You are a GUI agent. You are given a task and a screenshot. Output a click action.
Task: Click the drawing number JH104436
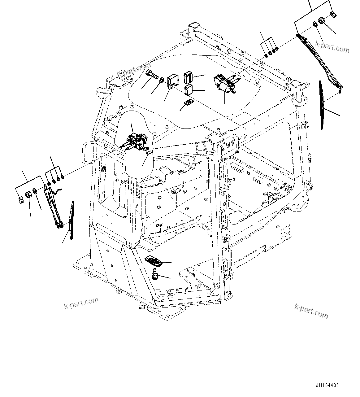[x=327, y=386]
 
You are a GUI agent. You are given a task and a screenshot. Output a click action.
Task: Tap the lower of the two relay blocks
[x=188, y=89]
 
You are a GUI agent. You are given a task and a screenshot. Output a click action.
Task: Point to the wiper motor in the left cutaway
[x=137, y=142]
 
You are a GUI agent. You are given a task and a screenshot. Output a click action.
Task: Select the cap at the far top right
[x=333, y=14]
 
